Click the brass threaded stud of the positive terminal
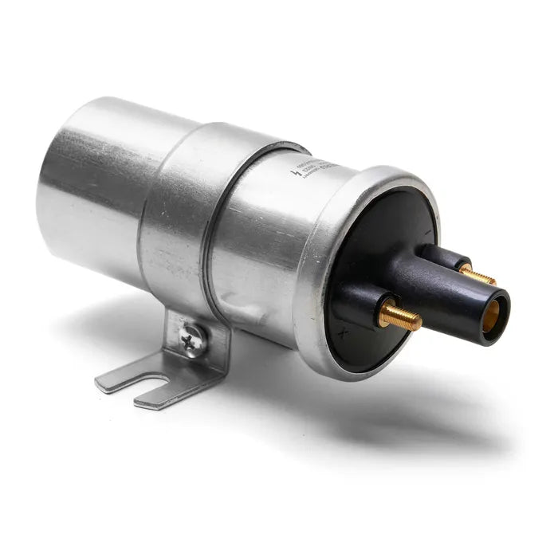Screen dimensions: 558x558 pos(400,317)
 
